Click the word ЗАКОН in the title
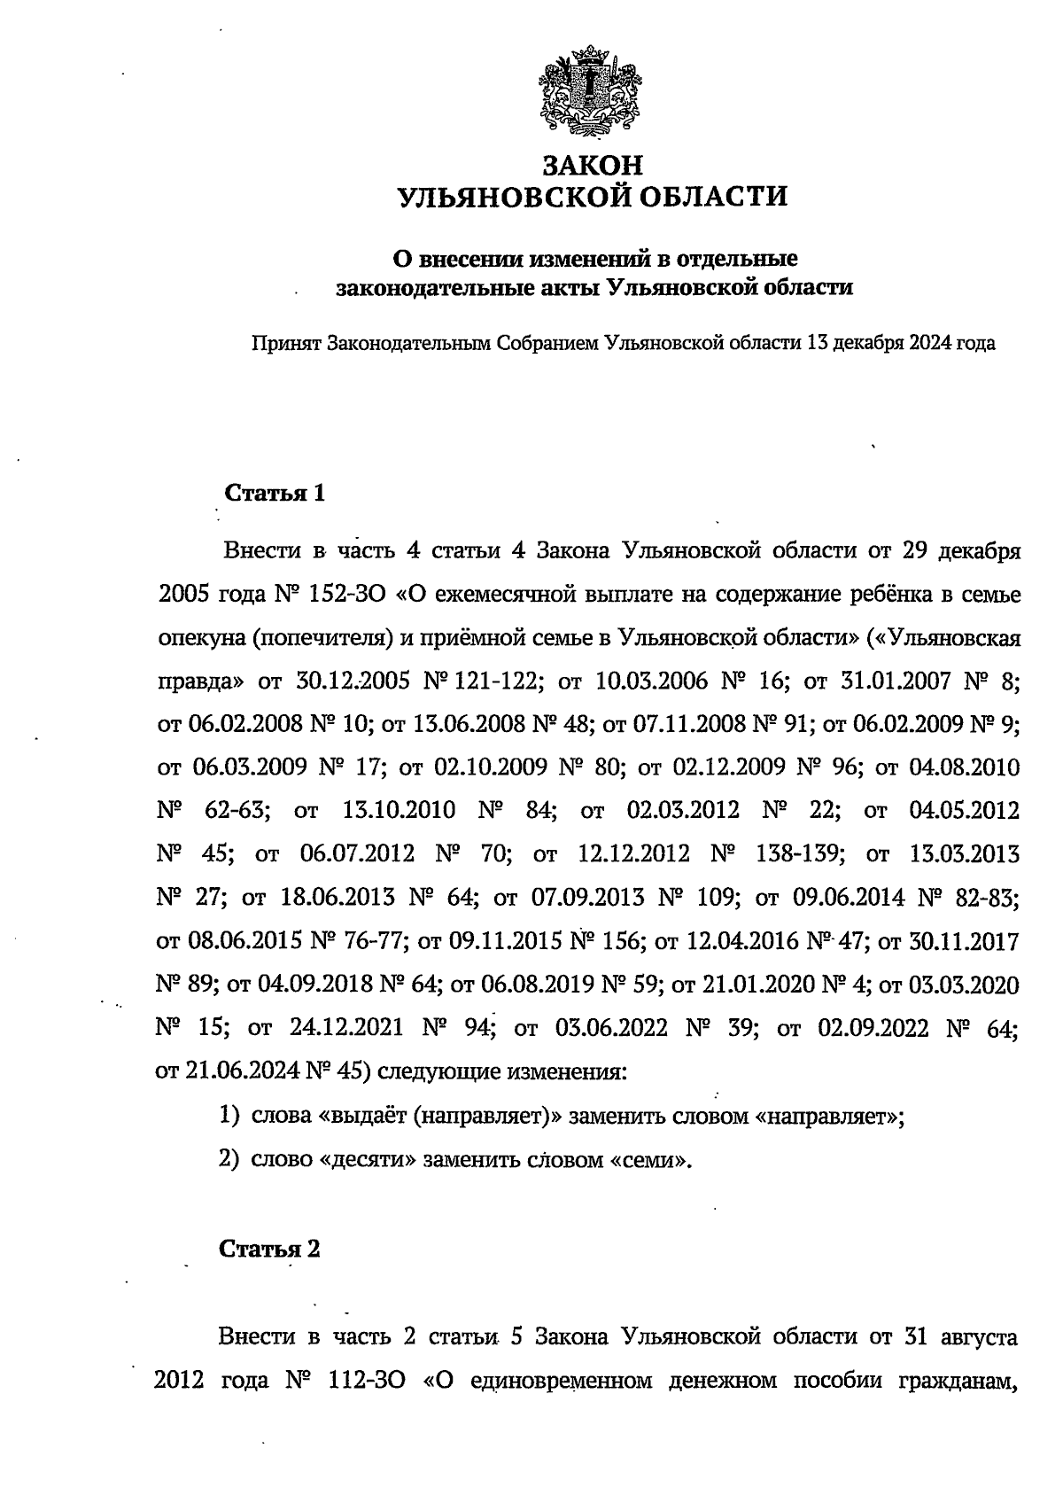(x=592, y=166)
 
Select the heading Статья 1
(x=275, y=494)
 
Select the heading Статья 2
(x=269, y=1250)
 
